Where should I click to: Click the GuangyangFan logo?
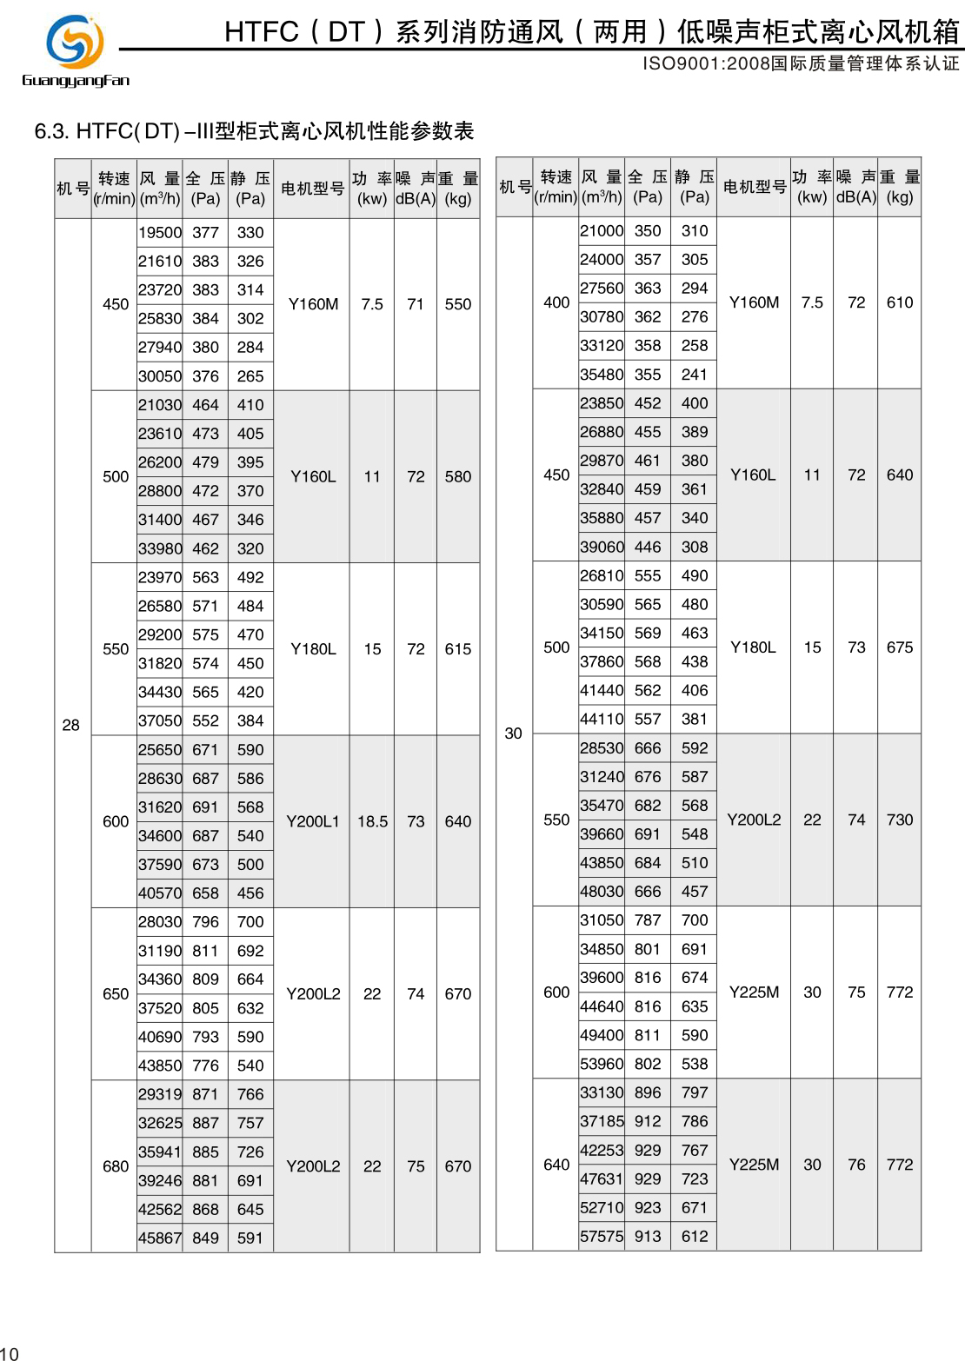pyautogui.click(x=75, y=50)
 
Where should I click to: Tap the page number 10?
pyautogui.click(x=9, y=1352)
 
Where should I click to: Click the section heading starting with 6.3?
pyautogui.click(x=254, y=131)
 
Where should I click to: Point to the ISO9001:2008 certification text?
pyautogui.click(x=800, y=63)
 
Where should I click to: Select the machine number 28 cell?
pyautogui.click(x=71, y=725)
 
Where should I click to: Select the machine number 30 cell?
pyautogui.click(x=513, y=734)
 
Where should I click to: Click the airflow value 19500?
pyautogui.click(x=160, y=233)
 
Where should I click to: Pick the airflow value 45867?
pyautogui.click(x=160, y=1238)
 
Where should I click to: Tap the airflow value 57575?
pyautogui.click(x=602, y=1236)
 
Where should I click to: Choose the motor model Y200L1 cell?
pyautogui.click(x=313, y=821)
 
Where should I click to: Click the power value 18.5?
pyautogui.click(x=372, y=821)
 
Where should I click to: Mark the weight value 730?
pyautogui.click(x=900, y=820)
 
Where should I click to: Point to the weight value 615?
pyautogui.click(x=458, y=649)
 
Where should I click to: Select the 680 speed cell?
pyautogui.click(x=116, y=1166)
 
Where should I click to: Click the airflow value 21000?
pyautogui.click(x=602, y=231)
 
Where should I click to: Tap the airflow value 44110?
pyautogui.click(x=602, y=719)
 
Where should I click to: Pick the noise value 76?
pyautogui.click(x=856, y=1165)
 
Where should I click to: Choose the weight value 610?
pyautogui.click(x=900, y=302)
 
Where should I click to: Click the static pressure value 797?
pyautogui.click(x=695, y=1092)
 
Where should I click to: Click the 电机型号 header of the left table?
pyautogui.click(x=313, y=189)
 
